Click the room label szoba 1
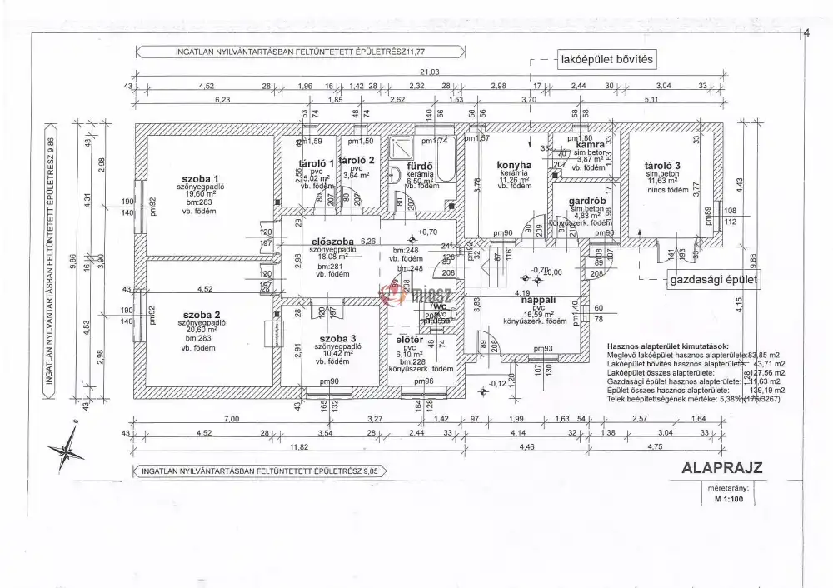[199, 179]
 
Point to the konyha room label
[514, 165]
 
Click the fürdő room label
[420, 166]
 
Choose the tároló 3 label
[663, 165]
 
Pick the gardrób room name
[586, 202]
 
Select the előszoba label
[327, 242]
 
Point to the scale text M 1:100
[727, 501]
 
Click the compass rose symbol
[67, 450]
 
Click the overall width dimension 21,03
[430, 72]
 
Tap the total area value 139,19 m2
[766, 390]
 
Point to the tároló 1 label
[316, 163]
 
